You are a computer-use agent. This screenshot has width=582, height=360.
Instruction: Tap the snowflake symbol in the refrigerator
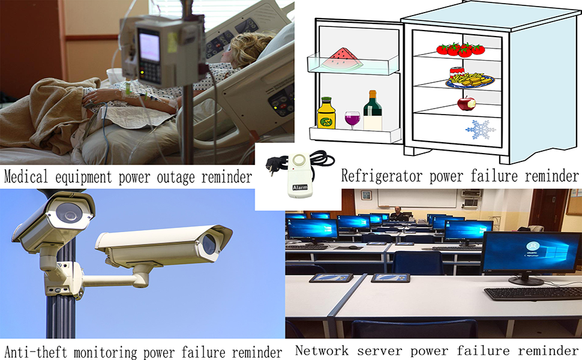coord(481,129)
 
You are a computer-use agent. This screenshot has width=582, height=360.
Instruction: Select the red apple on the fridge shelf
coord(466,103)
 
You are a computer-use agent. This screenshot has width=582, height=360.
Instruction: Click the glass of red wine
coord(352,119)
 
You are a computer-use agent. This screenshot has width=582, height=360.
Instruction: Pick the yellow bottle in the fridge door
coord(326,114)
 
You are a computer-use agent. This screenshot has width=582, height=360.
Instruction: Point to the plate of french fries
coord(470,79)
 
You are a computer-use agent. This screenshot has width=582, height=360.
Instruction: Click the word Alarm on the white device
coord(300,187)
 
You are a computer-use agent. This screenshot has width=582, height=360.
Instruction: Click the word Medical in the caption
coord(26,177)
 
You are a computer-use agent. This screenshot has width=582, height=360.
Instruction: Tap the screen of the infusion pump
coord(149,46)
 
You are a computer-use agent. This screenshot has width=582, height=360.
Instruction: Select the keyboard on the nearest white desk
coord(531,293)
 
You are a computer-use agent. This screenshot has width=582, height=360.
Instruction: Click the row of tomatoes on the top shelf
coord(460,49)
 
